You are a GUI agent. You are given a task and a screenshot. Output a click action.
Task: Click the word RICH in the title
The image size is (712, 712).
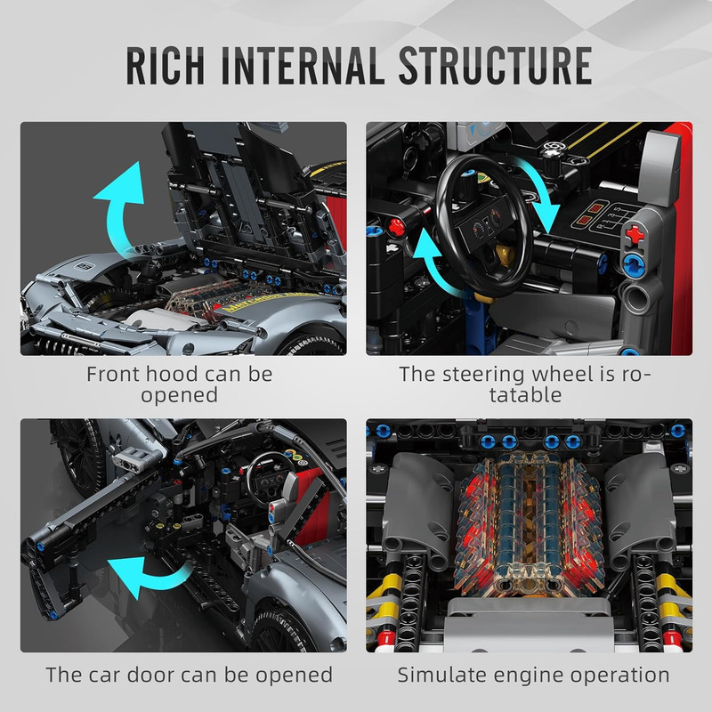pos(165,65)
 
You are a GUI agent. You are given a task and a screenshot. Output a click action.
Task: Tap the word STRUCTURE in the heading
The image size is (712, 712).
pos(495,65)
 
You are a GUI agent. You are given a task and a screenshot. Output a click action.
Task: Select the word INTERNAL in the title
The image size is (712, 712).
pos(300,65)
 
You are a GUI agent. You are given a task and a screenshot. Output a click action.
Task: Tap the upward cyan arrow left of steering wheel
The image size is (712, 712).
pos(432,263)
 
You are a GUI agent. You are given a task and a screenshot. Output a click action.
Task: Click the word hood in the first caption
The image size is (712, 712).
pos(172,374)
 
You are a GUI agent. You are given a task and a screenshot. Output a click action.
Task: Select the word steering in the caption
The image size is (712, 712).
pos(483,375)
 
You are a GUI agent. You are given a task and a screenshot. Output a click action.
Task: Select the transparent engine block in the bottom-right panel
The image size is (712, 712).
pos(528,523)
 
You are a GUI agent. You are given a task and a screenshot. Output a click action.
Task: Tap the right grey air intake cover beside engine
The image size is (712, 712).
pos(639,507)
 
